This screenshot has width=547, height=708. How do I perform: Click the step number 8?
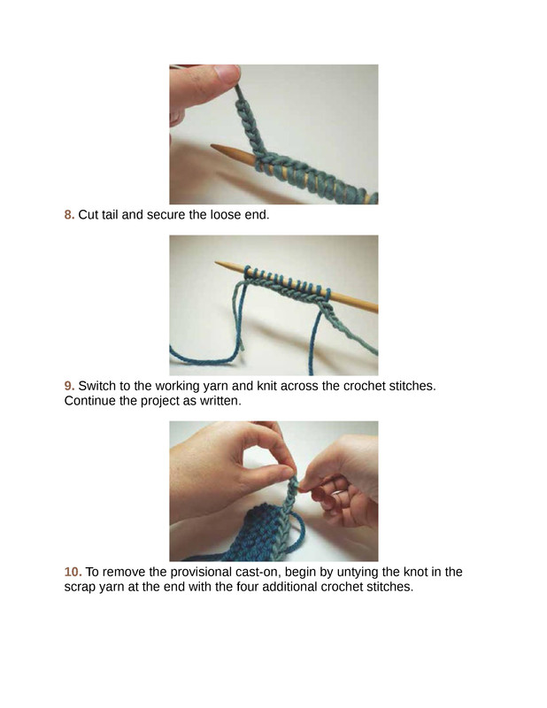pos(69,215)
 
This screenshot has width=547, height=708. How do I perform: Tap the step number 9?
pos(69,386)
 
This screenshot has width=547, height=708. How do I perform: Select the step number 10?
pos(73,572)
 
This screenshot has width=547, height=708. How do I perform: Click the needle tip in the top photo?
pos(213,146)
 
